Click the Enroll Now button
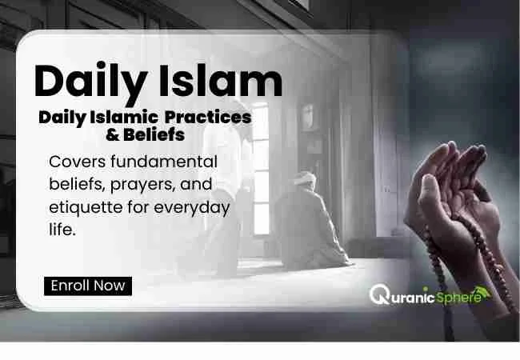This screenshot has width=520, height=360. (x=88, y=286)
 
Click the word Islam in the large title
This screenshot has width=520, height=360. (x=221, y=81)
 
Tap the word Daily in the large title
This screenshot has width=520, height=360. (x=90, y=83)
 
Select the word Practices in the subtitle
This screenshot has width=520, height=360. (x=208, y=118)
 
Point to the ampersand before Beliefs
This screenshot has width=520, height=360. (x=113, y=135)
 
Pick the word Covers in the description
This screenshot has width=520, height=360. (x=78, y=162)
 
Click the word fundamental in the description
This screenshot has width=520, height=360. (x=164, y=162)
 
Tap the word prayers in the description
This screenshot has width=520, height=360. (x=142, y=185)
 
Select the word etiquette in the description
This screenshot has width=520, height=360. (x=86, y=207)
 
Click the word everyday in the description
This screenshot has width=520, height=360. (x=192, y=208)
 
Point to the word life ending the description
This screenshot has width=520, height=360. (x=62, y=229)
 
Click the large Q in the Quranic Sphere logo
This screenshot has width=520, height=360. (x=379, y=294)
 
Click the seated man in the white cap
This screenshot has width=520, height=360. (x=310, y=221)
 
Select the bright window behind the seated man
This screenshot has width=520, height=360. (x=261, y=169)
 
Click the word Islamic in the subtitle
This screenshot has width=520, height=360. (x=124, y=118)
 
